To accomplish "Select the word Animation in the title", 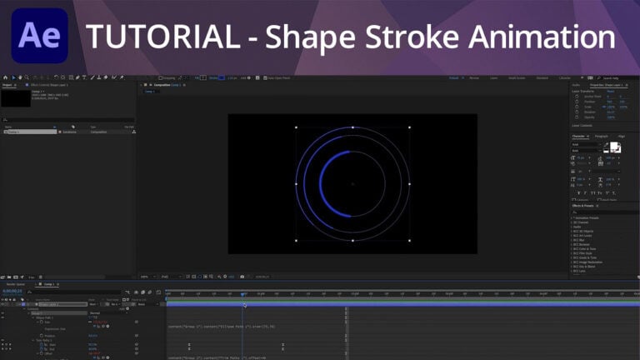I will pos(543,37).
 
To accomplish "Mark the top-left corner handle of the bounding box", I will pos(297,127).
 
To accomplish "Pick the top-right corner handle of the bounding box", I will pos(410,127).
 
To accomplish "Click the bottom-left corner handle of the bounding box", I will pos(297,241).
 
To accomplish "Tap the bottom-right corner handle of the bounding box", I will pos(410,241).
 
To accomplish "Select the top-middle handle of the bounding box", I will pos(353,127).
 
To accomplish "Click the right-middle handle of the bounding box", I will pos(410,184).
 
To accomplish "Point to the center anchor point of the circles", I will pos(353,184).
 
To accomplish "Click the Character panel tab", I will pos(579,137).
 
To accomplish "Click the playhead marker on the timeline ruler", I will pos(243,294).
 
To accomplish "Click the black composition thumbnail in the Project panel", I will pos(15,98).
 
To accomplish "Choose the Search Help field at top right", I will pos(618,77).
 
